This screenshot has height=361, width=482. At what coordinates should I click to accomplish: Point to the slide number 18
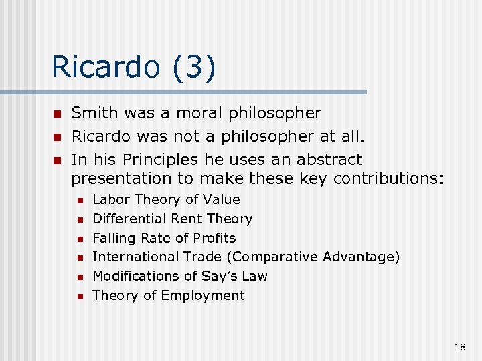click(460, 346)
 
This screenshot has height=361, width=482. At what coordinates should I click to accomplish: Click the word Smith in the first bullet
click(94, 113)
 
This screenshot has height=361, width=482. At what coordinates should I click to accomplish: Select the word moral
click(199, 113)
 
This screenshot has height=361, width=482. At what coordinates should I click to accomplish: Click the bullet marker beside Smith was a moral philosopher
click(58, 114)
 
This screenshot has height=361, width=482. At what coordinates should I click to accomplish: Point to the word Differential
click(129, 219)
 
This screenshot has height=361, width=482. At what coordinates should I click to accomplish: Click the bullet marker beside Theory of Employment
click(79, 296)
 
